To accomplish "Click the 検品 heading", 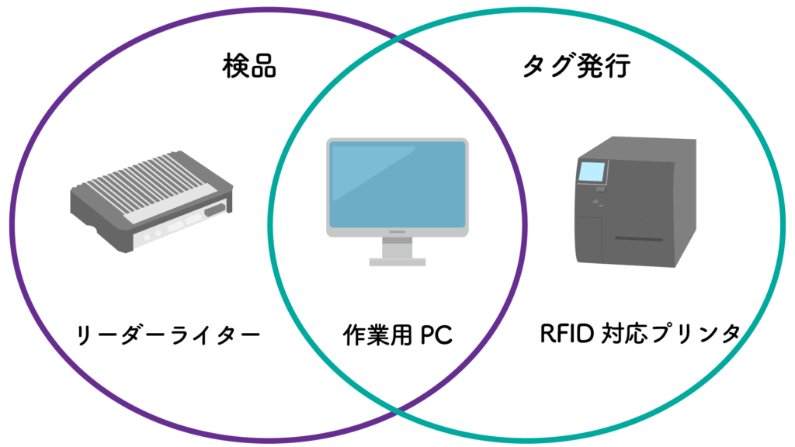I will pyautogui.click(x=248, y=68).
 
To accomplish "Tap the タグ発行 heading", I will pyautogui.click(x=575, y=68).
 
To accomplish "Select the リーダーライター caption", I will pyautogui.click(x=167, y=335).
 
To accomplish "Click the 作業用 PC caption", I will pyautogui.click(x=397, y=335).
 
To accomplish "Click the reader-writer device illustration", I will pyautogui.click(x=151, y=203).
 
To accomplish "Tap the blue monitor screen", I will pyautogui.click(x=397, y=184).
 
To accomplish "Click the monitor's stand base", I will pyautogui.click(x=397, y=262).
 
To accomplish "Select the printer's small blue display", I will pyautogui.click(x=592, y=172).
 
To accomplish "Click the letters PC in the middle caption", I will pyautogui.click(x=436, y=335).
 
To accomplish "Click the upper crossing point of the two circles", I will pyautogui.click(x=397, y=37).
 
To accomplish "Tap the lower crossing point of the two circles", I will pyautogui.click(x=397, y=409).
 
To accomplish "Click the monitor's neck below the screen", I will pyautogui.click(x=397, y=247).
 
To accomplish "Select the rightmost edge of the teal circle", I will pyautogui.click(x=783, y=225).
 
